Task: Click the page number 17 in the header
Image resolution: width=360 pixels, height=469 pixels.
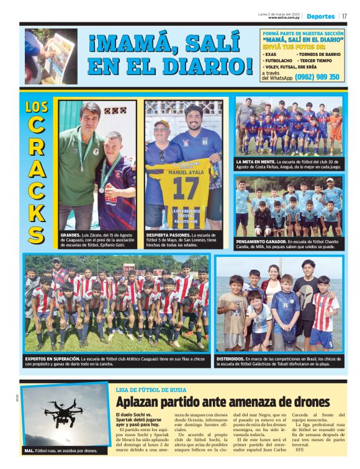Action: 344,16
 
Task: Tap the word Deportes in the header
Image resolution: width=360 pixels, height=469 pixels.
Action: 320,16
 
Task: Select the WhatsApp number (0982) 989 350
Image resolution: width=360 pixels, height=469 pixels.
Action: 317,77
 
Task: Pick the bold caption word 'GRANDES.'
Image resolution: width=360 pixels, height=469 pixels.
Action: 70,236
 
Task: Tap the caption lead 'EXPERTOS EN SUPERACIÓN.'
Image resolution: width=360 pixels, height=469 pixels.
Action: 53,359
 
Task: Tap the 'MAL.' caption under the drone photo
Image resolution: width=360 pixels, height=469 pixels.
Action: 29,450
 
